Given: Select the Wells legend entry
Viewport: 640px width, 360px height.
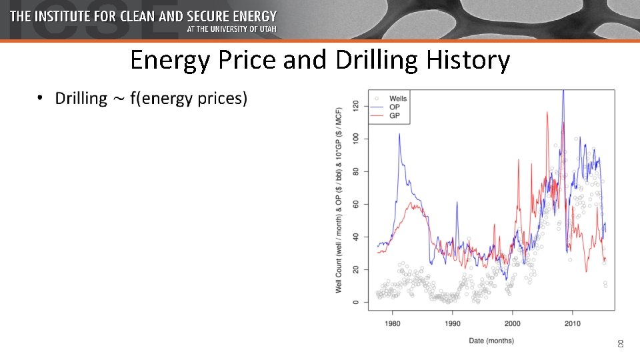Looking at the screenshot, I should pos(398,99).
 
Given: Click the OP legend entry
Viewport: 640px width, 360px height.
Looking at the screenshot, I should pos(395,107).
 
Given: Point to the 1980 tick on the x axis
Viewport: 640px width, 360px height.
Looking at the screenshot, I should pos(392,323).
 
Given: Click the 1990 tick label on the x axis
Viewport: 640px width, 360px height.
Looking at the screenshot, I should pos(452,323).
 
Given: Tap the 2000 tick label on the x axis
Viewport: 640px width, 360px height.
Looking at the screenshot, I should pos(513,323).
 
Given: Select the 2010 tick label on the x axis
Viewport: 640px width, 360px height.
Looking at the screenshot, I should pos(573,323).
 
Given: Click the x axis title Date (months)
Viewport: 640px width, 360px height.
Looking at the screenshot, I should pos(491,341).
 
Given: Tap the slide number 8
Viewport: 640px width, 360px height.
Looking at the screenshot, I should pos(620,344).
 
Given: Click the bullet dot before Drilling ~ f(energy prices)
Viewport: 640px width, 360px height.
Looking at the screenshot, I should pos(41,99).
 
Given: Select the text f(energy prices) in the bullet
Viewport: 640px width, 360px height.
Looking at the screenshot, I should pos(189,99).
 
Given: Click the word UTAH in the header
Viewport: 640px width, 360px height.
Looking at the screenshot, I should pos(284,30).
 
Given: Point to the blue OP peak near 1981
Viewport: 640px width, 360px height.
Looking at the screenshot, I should pos(399,134).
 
